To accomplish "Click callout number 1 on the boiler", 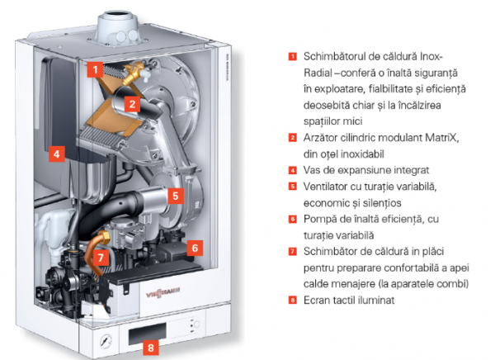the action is pyautogui.click(x=96, y=69).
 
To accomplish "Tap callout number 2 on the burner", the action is pyautogui.click(x=132, y=104).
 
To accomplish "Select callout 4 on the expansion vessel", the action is pyautogui.click(x=57, y=154).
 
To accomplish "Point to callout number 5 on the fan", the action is pyautogui.click(x=176, y=196).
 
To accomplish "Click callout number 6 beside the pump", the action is pyautogui.click(x=195, y=248).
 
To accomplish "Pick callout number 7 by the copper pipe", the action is pyautogui.click(x=101, y=258).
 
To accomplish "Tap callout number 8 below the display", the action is pyautogui.click(x=151, y=348).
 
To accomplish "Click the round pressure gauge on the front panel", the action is pyautogui.click(x=106, y=341).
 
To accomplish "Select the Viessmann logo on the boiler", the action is pyautogui.click(x=163, y=292).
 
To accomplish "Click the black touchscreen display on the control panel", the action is pyautogui.click(x=147, y=334).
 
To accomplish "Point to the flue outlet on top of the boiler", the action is pyautogui.click(x=117, y=27).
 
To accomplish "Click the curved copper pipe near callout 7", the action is pyautogui.click(x=95, y=253).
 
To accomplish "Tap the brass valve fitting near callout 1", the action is pyautogui.click(x=133, y=73).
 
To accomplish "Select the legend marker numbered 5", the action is pyautogui.click(x=293, y=186).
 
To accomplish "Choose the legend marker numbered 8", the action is pyautogui.click(x=293, y=300).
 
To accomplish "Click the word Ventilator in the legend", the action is pyautogui.click(x=324, y=187).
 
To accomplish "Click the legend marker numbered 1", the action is pyautogui.click(x=293, y=56).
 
